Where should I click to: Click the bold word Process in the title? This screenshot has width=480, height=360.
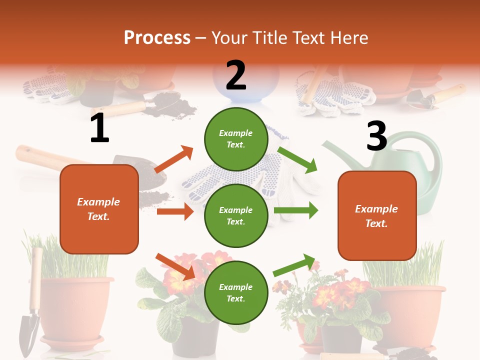(157, 38)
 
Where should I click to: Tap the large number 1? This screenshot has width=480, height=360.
(99, 128)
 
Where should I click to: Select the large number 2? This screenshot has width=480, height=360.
(236, 75)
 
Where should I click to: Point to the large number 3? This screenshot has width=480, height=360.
(376, 136)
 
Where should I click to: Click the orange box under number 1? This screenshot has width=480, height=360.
(99, 209)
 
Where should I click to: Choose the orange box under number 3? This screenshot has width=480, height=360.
(377, 216)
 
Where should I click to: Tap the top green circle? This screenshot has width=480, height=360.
(236, 138)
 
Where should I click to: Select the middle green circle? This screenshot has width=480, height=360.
(236, 215)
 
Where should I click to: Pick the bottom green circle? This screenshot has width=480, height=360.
(236, 292)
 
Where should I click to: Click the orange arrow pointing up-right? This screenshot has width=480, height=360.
(173, 159)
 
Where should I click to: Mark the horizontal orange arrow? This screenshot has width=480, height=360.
(175, 211)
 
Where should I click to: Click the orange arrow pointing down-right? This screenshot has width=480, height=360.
(175, 266)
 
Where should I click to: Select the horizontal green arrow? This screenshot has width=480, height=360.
(296, 210)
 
